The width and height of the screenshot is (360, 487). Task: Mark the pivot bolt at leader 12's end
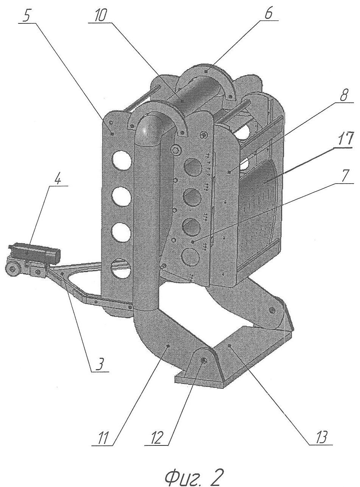[x=202, y=361]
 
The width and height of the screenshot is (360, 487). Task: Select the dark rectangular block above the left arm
[x=35, y=252]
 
